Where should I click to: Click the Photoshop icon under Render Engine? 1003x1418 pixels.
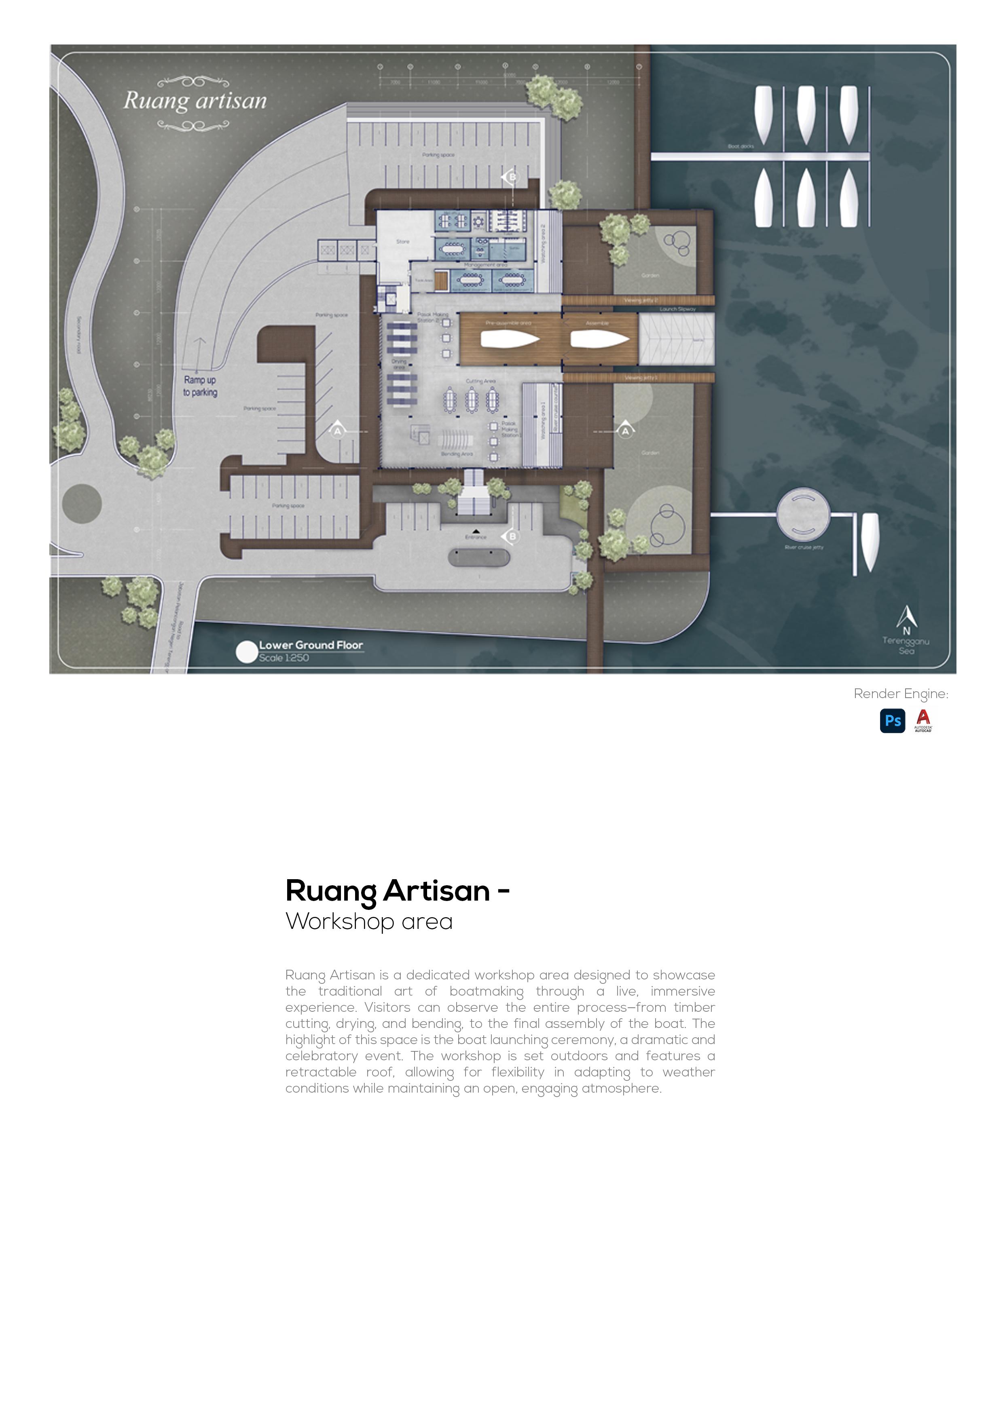tap(892, 720)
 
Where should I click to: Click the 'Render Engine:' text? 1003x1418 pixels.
tap(900, 694)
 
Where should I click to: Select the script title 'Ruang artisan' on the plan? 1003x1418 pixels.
tap(195, 101)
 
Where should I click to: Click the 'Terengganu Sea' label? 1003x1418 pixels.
tap(906, 646)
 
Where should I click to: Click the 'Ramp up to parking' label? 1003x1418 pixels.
tap(200, 386)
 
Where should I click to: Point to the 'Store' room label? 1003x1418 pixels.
tap(403, 241)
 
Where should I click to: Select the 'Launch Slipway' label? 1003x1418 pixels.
tap(677, 309)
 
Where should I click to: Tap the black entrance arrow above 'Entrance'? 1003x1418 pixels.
tap(476, 531)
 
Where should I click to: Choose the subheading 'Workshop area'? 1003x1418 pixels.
tap(369, 922)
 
